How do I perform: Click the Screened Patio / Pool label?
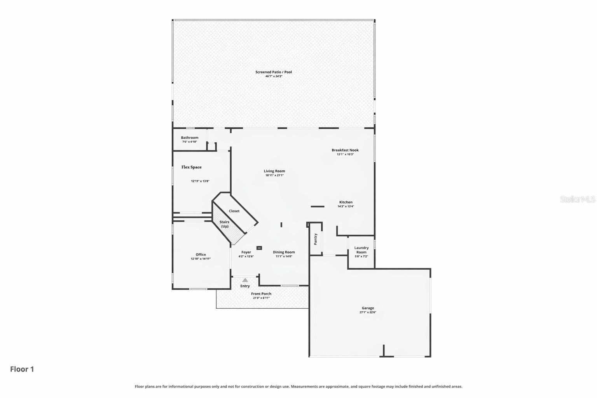coord(274,72)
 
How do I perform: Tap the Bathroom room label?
coord(190,138)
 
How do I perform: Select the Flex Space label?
coord(192,167)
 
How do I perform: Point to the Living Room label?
coord(274,171)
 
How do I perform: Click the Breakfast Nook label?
coord(345,150)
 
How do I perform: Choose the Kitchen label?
coord(346,202)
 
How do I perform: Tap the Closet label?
coord(234,211)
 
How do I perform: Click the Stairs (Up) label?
coord(224,224)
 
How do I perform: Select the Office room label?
coord(201,255)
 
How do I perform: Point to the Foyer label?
coord(246,252)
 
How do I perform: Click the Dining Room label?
coord(284,252)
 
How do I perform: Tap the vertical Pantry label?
coord(316,239)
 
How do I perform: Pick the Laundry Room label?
coord(361,250)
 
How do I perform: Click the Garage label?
coord(368,308)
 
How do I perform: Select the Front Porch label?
coord(261,294)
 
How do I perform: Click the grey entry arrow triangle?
coord(245,280)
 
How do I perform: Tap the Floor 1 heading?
coord(22,369)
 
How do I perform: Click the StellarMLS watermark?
coord(577,199)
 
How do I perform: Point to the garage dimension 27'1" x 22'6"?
coord(368,312)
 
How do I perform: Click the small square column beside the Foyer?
coord(259,248)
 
